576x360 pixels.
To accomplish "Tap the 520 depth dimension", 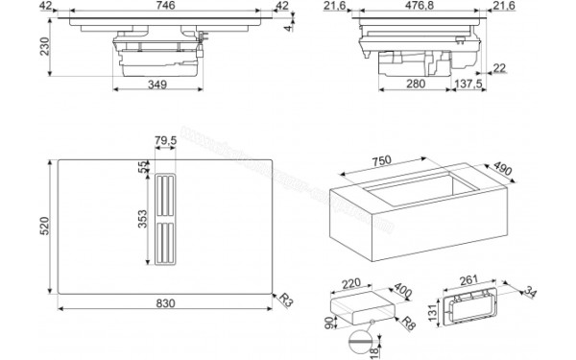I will pyautogui.click(x=41, y=228).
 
